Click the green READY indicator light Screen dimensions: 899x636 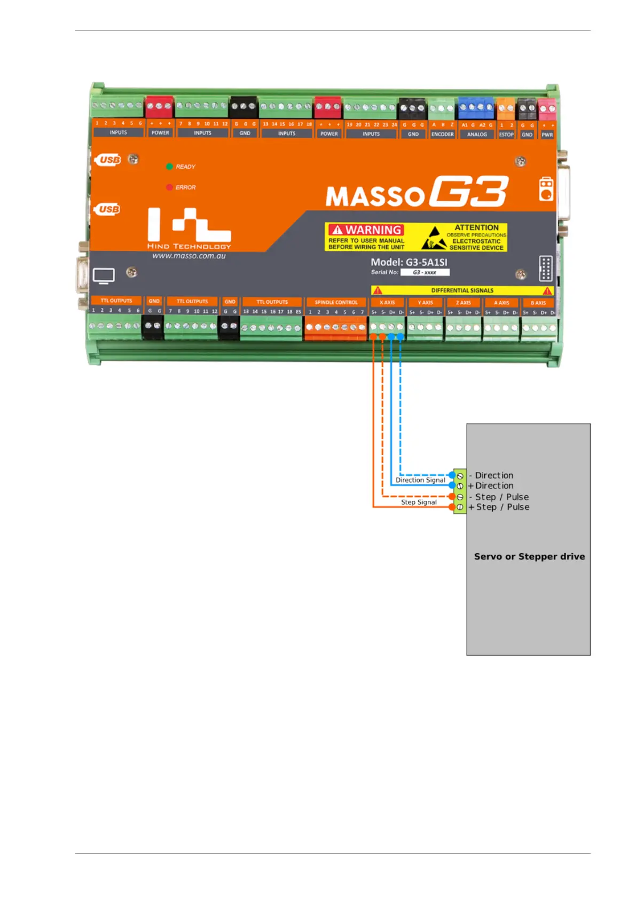tap(169, 167)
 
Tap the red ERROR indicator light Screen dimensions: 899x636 tap(169, 187)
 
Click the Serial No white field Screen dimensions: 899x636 tap(425, 272)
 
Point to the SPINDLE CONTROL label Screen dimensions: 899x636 tap(336, 302)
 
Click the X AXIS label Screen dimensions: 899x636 tap(387, 303)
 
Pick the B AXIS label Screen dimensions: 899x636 tap(538, 303)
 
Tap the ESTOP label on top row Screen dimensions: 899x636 tap(506, 135)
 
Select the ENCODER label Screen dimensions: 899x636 tap(442, 135)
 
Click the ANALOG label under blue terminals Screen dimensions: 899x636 tap(477, 135)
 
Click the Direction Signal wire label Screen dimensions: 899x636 tap(420, 480)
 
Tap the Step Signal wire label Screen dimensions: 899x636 tap(419, 502)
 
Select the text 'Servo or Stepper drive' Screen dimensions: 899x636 tap(529, 556)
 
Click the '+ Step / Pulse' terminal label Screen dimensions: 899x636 tap(499, 507)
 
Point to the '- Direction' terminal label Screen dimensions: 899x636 tap(491, 475)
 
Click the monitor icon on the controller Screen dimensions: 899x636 tap(104, 276)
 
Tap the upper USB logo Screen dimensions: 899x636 tap(109, 160)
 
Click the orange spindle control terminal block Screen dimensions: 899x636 tap(335, 328)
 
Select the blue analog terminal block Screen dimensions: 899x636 tap(476, 108)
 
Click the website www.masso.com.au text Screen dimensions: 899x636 tap(189, 256)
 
